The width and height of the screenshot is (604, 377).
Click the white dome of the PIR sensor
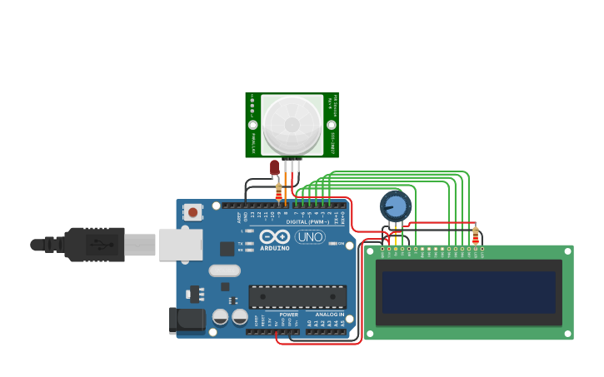[x=292, y=125]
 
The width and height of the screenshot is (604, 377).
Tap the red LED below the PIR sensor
[x=274, y=167]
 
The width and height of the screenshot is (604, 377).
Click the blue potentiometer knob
[x=395, y=206]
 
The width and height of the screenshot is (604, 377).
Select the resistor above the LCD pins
[x=476, y=236]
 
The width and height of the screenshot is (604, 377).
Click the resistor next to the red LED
[x=278, y=191]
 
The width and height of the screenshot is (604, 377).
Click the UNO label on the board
[x=310, y=237]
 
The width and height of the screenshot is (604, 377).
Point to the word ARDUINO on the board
[x=274, y=248]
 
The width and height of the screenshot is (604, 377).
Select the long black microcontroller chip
[x=297, y=296]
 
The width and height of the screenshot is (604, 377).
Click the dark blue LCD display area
[x=468, y=292]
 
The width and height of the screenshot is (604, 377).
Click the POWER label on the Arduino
[x=288, y=315]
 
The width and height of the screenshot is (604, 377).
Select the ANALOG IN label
[x=330, y=315]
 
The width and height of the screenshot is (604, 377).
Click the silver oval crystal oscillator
[x=224, y=270]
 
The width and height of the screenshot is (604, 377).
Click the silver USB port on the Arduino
[x=180, y=244]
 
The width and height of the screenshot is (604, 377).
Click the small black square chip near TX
[x=227, y=248]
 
